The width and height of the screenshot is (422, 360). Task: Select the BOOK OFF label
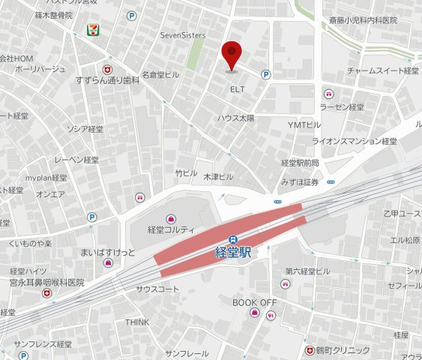pyautogui.click(x=254, y=301)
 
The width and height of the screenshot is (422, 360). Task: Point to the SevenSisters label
pyautogui.click(x=183, y=34)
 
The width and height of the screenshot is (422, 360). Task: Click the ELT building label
pyautogui.click(x=237, y=88)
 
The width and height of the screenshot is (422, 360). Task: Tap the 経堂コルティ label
pyautogui.click(x=171, y=229)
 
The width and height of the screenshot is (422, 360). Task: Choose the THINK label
pyautogui.click(x=137, y=322)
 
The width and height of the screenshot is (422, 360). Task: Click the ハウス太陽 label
pyautogui.click(x=236, y=118)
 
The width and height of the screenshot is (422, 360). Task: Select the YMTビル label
pyautogui.click(x=304, y=124)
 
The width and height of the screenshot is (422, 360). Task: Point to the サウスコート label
pyautogui.click(x=157, y=289)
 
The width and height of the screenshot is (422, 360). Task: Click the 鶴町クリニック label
pyautogui.click(x=343, y=349)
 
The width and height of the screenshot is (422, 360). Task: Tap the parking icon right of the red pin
pyautogui.click(x=265, y=74)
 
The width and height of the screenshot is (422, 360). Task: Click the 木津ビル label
pyautogui.click(x=218, y=176)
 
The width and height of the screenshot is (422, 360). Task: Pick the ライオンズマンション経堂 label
pyautogui.click(x=355, y=140)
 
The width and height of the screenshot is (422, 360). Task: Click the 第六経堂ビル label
pyautogui.click(x=307, y=271)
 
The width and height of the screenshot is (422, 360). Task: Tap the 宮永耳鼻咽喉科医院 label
pyautogui.click(x=46, y=283)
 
